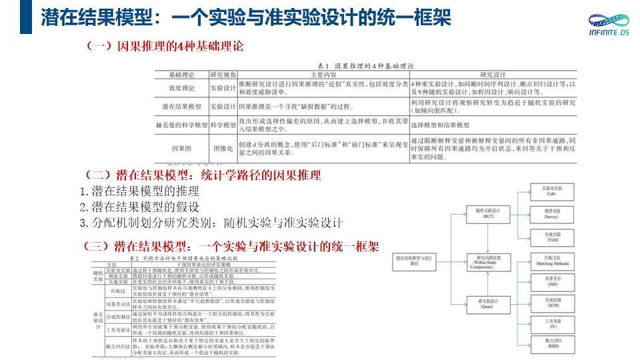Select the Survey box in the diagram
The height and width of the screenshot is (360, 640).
551,213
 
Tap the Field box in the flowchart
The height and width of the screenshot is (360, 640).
551,237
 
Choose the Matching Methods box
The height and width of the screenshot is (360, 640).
551,261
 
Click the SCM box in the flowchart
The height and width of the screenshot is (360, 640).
551,303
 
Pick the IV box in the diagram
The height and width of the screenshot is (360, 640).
551,325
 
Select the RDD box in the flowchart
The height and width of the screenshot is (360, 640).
551,344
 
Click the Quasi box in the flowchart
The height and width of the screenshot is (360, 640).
488,303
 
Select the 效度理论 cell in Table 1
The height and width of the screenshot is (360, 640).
181,87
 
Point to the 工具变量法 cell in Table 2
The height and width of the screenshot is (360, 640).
118,329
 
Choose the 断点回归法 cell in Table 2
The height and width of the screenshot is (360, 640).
118,347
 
